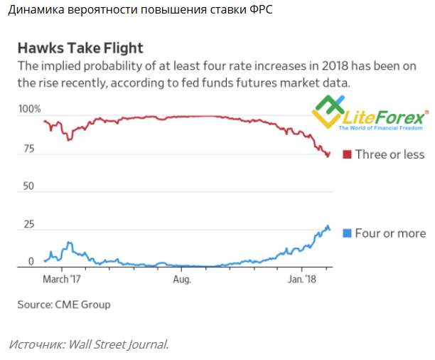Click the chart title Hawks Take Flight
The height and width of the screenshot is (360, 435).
(x=80, y=48)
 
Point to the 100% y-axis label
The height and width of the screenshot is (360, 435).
(x=29, y=109)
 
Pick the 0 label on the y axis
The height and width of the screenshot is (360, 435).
(x=30, y=262)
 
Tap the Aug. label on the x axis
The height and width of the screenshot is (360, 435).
(x=183, y=280)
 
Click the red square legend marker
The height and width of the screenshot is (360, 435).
(x=347, y=155)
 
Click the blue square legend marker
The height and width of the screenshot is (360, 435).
(x=347, y=233)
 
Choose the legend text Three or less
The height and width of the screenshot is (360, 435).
(x=390, y=155)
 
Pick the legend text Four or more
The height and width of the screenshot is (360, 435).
(x=390, y=233)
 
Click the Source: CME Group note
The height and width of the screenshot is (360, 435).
(x=64, y=305)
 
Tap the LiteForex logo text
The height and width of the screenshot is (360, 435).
(x=384, y=116)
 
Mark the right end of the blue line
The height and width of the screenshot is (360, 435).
(x=330, y=229)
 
